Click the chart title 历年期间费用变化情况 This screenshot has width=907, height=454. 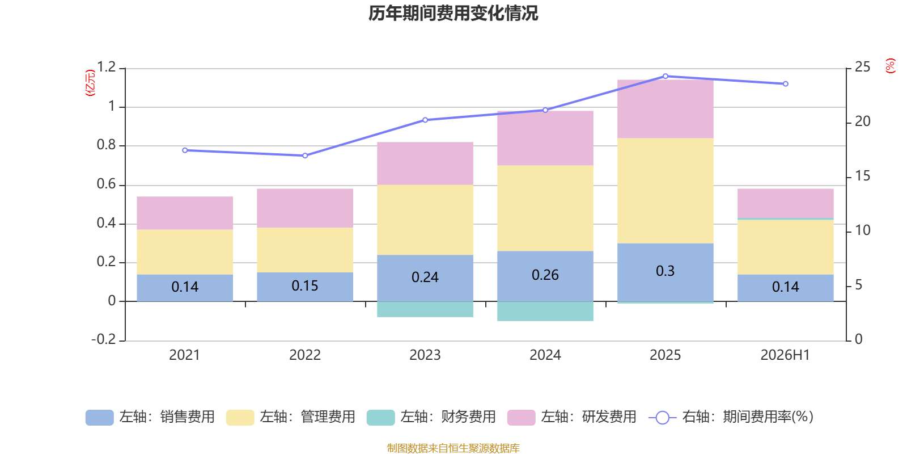coord(453,14)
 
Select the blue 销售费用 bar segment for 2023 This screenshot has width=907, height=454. coord(425,278)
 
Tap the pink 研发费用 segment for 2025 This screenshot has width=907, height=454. coord(666,109)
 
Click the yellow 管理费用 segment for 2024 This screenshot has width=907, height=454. coord(545,208)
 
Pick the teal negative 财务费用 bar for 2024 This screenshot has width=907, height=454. coord(545,312)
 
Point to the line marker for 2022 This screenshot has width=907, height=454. coord(305,155)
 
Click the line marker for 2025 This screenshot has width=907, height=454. coord(666,76)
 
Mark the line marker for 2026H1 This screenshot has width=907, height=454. coord(786,84)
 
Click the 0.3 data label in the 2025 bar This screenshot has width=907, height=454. coord(666,271)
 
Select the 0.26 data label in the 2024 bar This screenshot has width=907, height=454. coord(545,275)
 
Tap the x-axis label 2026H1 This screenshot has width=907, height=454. coord(785,355)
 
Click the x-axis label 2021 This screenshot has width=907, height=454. coord(185,355)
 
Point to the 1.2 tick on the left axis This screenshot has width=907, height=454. coord(106,67)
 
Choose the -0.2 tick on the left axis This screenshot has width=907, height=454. coord(104,339)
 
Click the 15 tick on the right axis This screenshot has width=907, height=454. coord(862,176)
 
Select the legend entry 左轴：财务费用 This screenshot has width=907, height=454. coord(431,417)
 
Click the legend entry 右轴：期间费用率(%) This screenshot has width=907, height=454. coord(731,417)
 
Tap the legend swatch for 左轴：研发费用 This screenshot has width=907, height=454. coord(521,418)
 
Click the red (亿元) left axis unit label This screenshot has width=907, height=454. coord(90,83)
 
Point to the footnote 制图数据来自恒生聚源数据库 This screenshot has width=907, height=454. coord(453,448)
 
